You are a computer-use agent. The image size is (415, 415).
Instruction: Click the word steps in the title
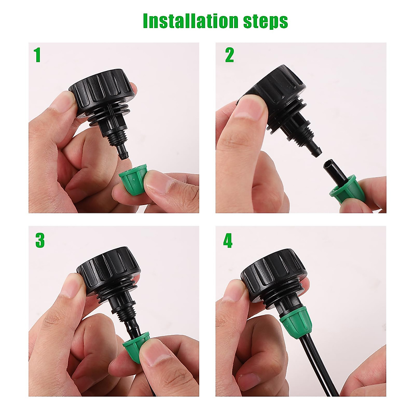pyautogui.click(x=270, y=21)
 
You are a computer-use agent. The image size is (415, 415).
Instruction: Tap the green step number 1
pyautogui.click(x=37, y=55)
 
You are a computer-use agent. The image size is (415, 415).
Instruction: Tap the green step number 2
pyautogui.click(x=229, y=55)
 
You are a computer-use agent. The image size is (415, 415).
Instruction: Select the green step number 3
pyautogui.click(x=40, y=241)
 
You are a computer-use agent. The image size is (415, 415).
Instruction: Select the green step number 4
pyautogui.click(x=228, y=241)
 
